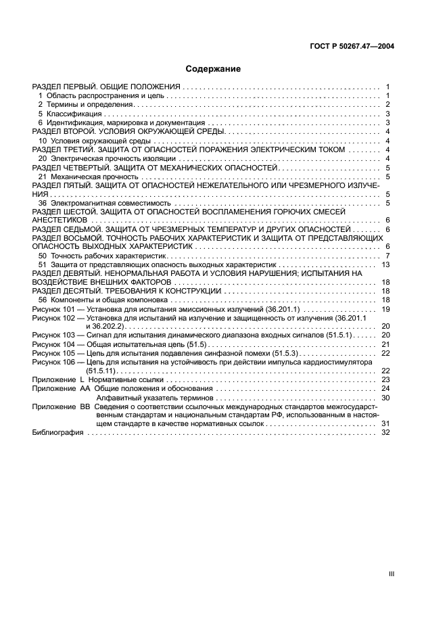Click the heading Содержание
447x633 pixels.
click(213, 69)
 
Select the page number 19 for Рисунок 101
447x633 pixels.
click(386, 308)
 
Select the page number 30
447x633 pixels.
click(386, 398)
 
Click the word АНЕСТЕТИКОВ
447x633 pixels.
click(60, 220)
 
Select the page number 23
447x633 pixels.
click(386, 380)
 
